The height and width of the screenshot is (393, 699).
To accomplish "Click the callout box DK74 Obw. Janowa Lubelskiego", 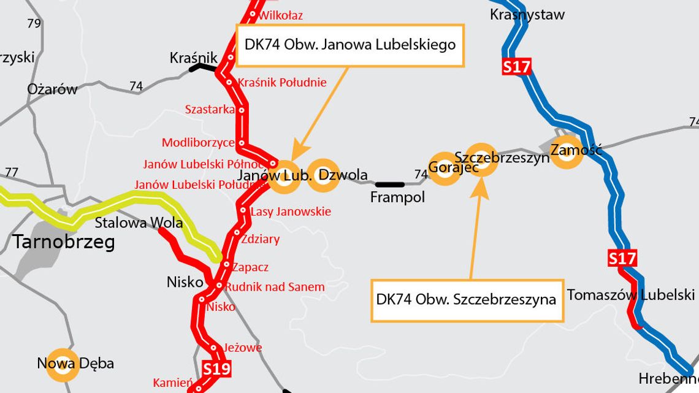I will pos(350,45).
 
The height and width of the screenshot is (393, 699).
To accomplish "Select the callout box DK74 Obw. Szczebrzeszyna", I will pos(467,300).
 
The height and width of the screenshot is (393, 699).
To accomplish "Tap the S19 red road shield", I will pos(216,369).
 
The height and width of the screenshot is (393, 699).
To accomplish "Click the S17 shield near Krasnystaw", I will pos(516,66).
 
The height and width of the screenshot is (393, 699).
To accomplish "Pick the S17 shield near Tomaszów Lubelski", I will pos(622,258).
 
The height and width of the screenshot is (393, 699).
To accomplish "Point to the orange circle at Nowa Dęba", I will pos(63,364).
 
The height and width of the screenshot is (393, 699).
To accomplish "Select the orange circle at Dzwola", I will pos(323,176).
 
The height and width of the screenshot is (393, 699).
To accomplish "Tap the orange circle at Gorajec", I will pos(443,168).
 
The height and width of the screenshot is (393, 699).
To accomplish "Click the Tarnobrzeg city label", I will pos(64,243).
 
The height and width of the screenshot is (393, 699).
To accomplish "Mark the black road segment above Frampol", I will pos(390,184).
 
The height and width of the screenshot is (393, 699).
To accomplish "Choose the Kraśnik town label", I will pos(190,58).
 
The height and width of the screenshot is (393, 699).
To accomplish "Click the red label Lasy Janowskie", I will pos(291,212).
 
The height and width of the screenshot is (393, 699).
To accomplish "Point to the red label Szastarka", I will pos(210,109).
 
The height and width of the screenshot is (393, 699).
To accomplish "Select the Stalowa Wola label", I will pos(139,223).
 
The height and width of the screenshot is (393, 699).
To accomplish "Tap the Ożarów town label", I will pos(52,89).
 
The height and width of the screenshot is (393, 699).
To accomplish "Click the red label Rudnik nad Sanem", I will pos(274,286).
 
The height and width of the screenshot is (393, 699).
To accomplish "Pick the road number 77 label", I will pos(12,172).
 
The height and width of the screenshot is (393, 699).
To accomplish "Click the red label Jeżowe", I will pos(242,348).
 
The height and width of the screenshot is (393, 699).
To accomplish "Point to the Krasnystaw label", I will pos(527,14).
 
